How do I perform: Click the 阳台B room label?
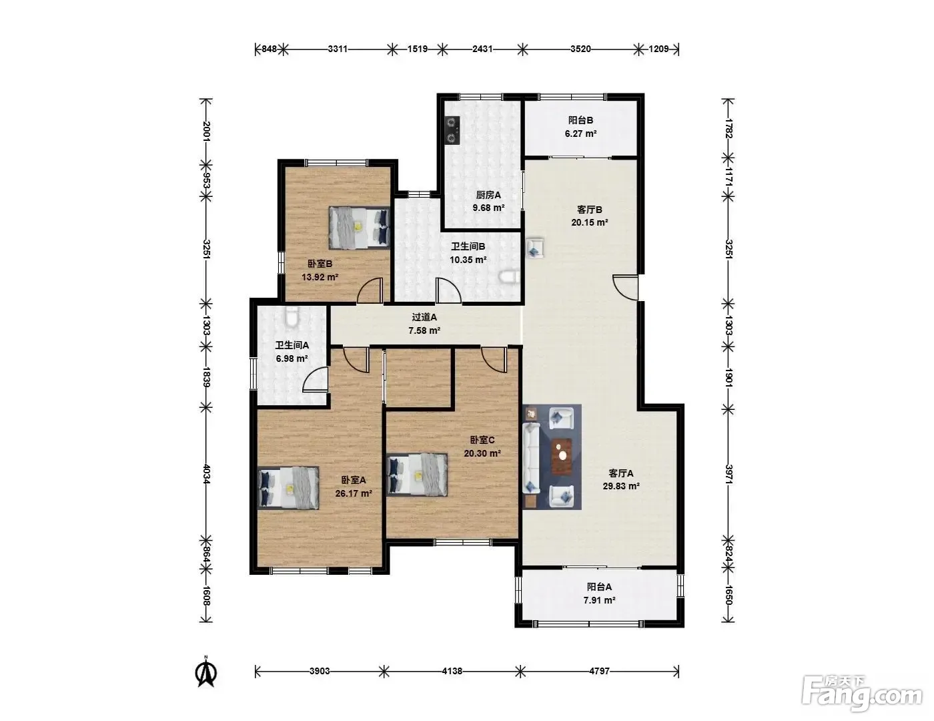tap(580, 120)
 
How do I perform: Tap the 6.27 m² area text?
tap(580, 134)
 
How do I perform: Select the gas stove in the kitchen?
tap(452, 130)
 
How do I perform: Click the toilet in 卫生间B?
tap(510, 277)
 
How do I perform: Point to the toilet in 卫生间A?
tap(292, 316)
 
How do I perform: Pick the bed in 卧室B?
tap(360, 228)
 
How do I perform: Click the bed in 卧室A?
tap(288, 488)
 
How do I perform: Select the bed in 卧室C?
tap(417, 475)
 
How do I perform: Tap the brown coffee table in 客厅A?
tap(562, 457)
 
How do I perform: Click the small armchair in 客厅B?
tap(535, 248)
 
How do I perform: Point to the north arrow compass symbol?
tap(206, 672)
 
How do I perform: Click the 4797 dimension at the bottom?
tap(599, 671)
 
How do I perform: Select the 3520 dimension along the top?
tap(580, 49)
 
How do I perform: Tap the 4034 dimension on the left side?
tap(206, 474)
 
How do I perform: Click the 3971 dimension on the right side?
tap(728, 474)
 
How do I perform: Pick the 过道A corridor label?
tap(424, 317)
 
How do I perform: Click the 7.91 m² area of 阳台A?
tap(599, 600)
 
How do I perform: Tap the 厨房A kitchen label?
tap(488, 195)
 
